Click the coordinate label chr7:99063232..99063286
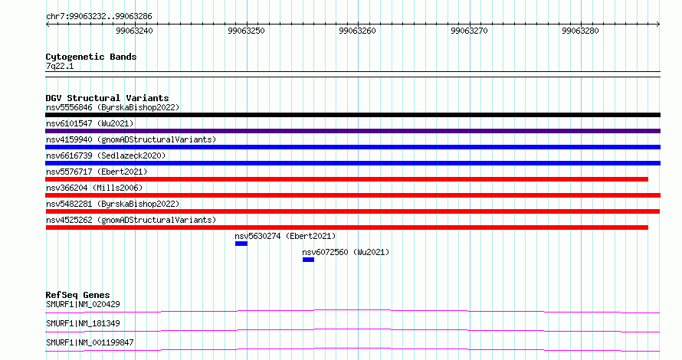(99, 17)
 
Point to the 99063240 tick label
(134, 31)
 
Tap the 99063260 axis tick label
(358, 31)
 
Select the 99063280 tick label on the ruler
(580, 31)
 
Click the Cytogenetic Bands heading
(91, 57)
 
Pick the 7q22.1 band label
(60, 66)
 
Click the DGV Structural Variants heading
(107, 98)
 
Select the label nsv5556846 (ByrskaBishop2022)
(113, 108)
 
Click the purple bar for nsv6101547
(352, 131)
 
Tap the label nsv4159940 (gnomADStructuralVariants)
(131, 139)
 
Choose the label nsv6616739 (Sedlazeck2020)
(106, 155)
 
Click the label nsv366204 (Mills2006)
(94, 188)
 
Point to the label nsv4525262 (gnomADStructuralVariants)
(131, 220)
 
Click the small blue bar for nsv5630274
(241, 244)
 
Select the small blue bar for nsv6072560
(308, 260)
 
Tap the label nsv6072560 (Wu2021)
(346, 252)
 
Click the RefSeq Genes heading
(78, 295)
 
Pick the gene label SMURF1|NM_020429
(83, 304)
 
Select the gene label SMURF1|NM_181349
(83, 323)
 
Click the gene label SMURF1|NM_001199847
(90, 342)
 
